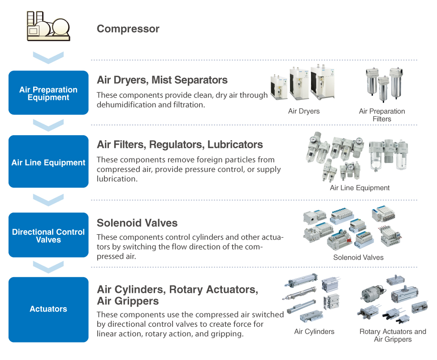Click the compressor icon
[x=48, y=26]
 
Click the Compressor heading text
[x=128, y=29]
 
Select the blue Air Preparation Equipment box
[x=48, y=93]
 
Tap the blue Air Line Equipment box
[x=48, y=162]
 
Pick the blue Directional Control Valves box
[x=48, y=235]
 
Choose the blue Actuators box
[x=48, y=309]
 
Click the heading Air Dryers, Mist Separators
[x=162, y=80]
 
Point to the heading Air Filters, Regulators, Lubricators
[x=180, y=145]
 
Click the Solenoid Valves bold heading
[x=137, y=223]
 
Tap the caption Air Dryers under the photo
[x=304, y=111]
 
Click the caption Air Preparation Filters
[x=382, y=115]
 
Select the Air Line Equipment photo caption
[x=359, y=188]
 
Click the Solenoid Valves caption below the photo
[x=358, y=257]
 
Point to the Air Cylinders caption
[x=314, y=332]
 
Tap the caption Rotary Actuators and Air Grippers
[x=393, y=335]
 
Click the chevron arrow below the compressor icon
[x=48, y=58]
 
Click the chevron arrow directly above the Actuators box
[x=48, y=267]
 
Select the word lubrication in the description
[x=117, y=179]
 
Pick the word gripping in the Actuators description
[x=227, y=334]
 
